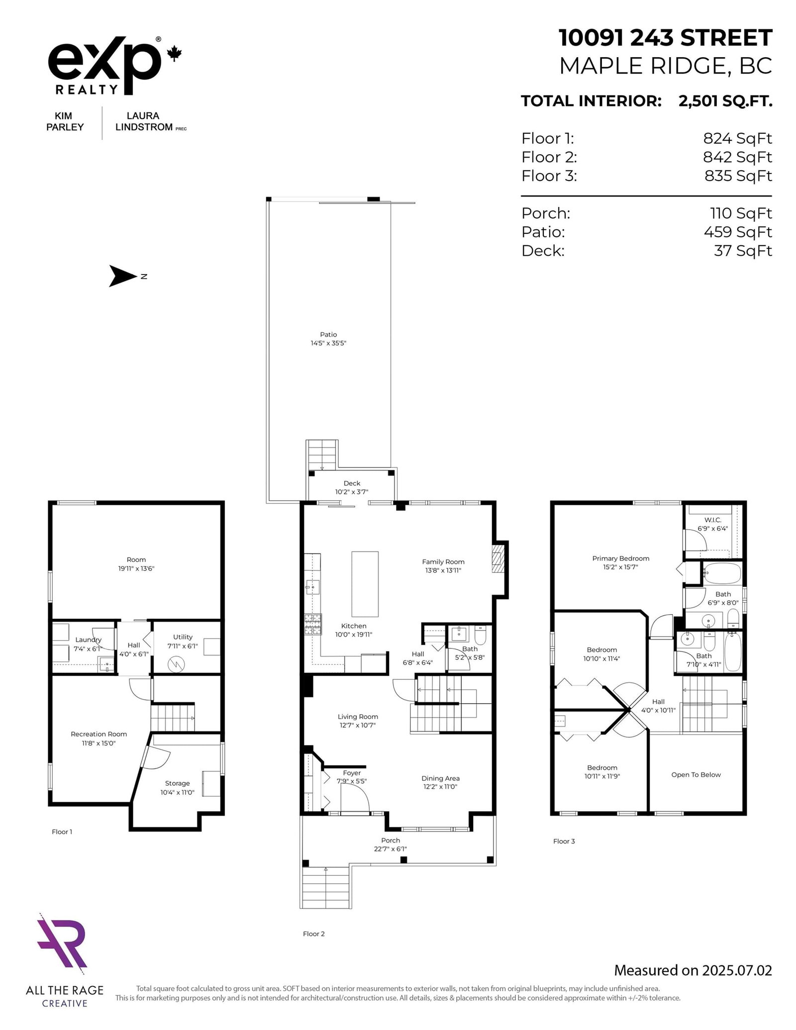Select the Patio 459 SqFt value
click(737, 232)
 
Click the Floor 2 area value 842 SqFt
click(737, 157)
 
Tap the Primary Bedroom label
click(620, 558)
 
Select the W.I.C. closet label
click(712, 520)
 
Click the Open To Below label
click(696, 774)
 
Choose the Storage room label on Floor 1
click(177, 783)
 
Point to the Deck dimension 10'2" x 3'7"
click(351, 492)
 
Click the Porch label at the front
click(390, 840)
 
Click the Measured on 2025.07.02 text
click(693, 970)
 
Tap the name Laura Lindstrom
click(144, 121)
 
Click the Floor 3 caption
click(564, 841)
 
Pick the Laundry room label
click(88, 640)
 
